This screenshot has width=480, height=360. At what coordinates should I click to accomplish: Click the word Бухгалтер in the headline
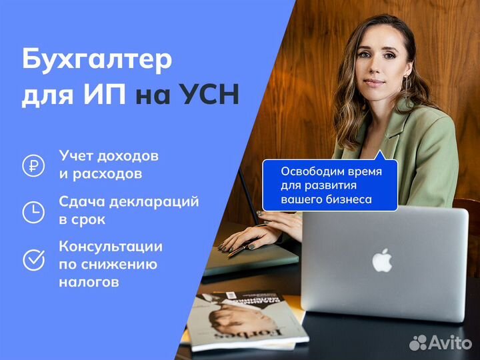tap(97, 60)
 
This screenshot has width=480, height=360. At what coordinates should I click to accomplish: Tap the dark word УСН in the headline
tap(209, 95)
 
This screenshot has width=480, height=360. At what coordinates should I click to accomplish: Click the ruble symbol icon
tap(33, 165)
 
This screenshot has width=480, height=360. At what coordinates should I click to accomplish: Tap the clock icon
tap(33, 212)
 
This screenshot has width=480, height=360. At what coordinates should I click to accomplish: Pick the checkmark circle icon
tap(34, 260)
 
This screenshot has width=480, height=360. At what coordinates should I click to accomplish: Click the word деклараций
tap(154, 203)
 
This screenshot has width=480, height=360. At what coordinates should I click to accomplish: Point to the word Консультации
tap(111, 247)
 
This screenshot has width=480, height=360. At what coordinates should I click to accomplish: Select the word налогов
tap(89, 281)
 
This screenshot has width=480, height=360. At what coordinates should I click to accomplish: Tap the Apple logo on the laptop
tap(382, 260)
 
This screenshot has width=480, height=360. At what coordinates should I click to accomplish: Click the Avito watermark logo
tap(440, 343)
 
